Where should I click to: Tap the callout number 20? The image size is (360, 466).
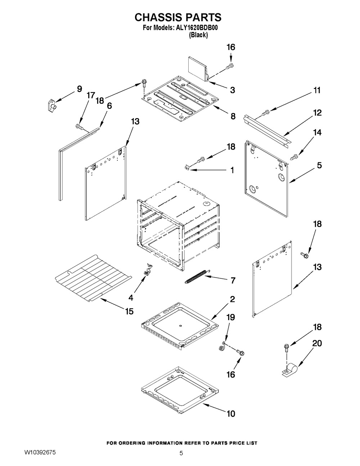click(317, 344)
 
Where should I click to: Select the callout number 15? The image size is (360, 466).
click(129, 311)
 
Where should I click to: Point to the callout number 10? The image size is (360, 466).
click(230, 414)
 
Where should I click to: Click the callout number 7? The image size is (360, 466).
click(233, 280)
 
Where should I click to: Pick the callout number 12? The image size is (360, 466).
click(317, 113)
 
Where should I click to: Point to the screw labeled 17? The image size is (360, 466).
click(78, 126)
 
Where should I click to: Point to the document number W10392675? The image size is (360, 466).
click(40, 452)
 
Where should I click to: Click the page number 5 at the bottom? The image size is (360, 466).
click(181, 453)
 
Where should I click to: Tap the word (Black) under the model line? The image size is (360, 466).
click(198, 35)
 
